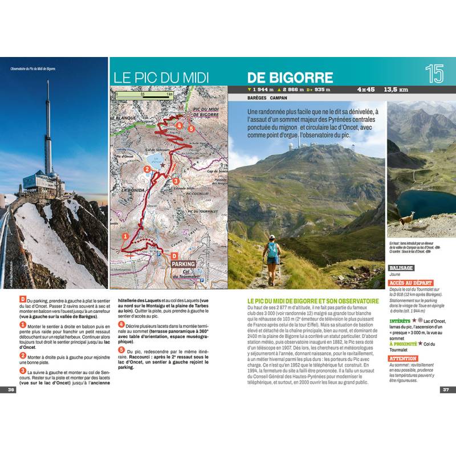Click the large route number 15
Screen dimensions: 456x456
pyautogui.click(x=435, y=74)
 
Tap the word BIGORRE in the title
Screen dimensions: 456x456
pyautogui.click(x=290, y=77)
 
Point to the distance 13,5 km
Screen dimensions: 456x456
pyautogui.click(x=397, y=89)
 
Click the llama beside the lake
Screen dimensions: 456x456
pyautogui.click(x=406, y=218)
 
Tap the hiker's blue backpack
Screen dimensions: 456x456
pyautogui.click(x=273, y=249)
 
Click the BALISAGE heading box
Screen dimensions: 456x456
pyautogui.click(x=400, y=268)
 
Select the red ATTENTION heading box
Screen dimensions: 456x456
pyautogui.click(x=402, y=359)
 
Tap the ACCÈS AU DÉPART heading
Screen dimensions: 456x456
pyautogui.click(x=410, y=283)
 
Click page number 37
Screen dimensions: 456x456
pyautogui.click(x=446, y=390)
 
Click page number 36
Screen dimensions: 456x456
pyautogui.click(x=11, y=390)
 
